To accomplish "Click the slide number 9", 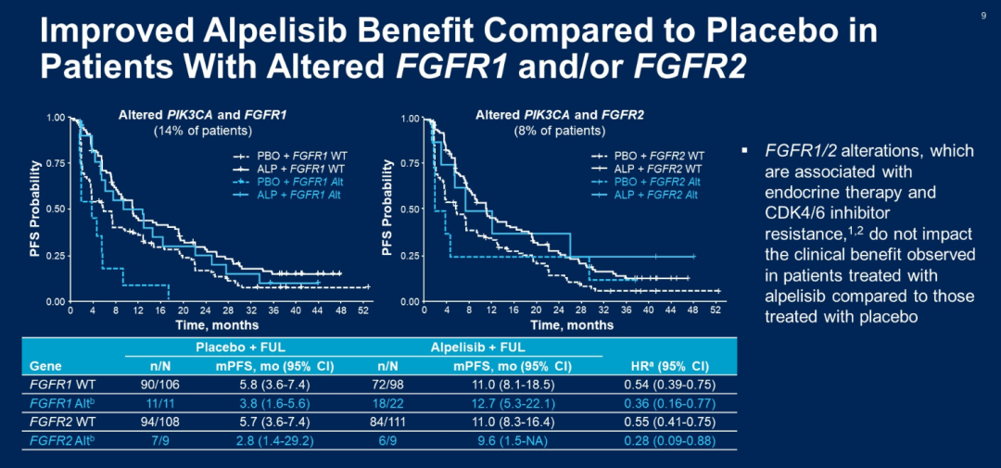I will [982, 15].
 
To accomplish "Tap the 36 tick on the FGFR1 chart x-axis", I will [273, 310].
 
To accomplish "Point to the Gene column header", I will [45, 365].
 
